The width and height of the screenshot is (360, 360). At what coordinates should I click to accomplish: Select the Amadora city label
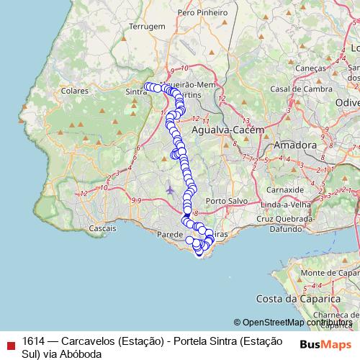(x=295, y=145)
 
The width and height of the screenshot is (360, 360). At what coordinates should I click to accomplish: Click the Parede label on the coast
(x=170, y=234)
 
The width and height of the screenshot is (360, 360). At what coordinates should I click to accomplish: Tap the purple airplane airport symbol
(x=169, y=190)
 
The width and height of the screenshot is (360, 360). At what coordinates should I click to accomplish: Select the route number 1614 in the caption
(x=34, y=341)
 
